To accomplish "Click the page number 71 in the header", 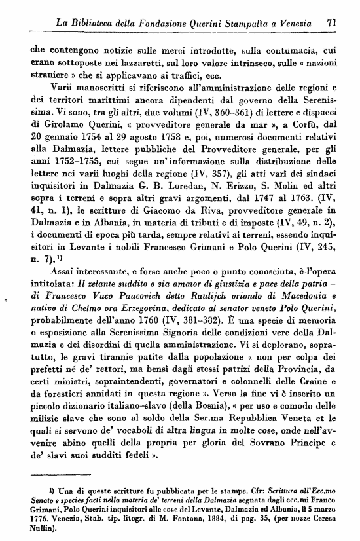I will pos(333,22).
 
